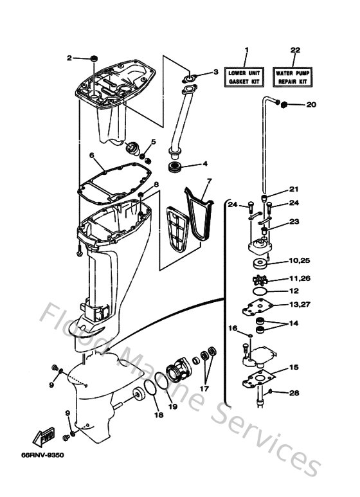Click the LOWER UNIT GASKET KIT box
coord(246,78)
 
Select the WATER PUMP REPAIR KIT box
coord(294,78)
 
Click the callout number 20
coord(311,104)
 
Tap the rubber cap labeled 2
coord(94,59)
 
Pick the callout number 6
coord(92,155)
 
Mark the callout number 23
coord(295,221)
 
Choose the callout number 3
coord(216,71)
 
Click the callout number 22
coord(295,50)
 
